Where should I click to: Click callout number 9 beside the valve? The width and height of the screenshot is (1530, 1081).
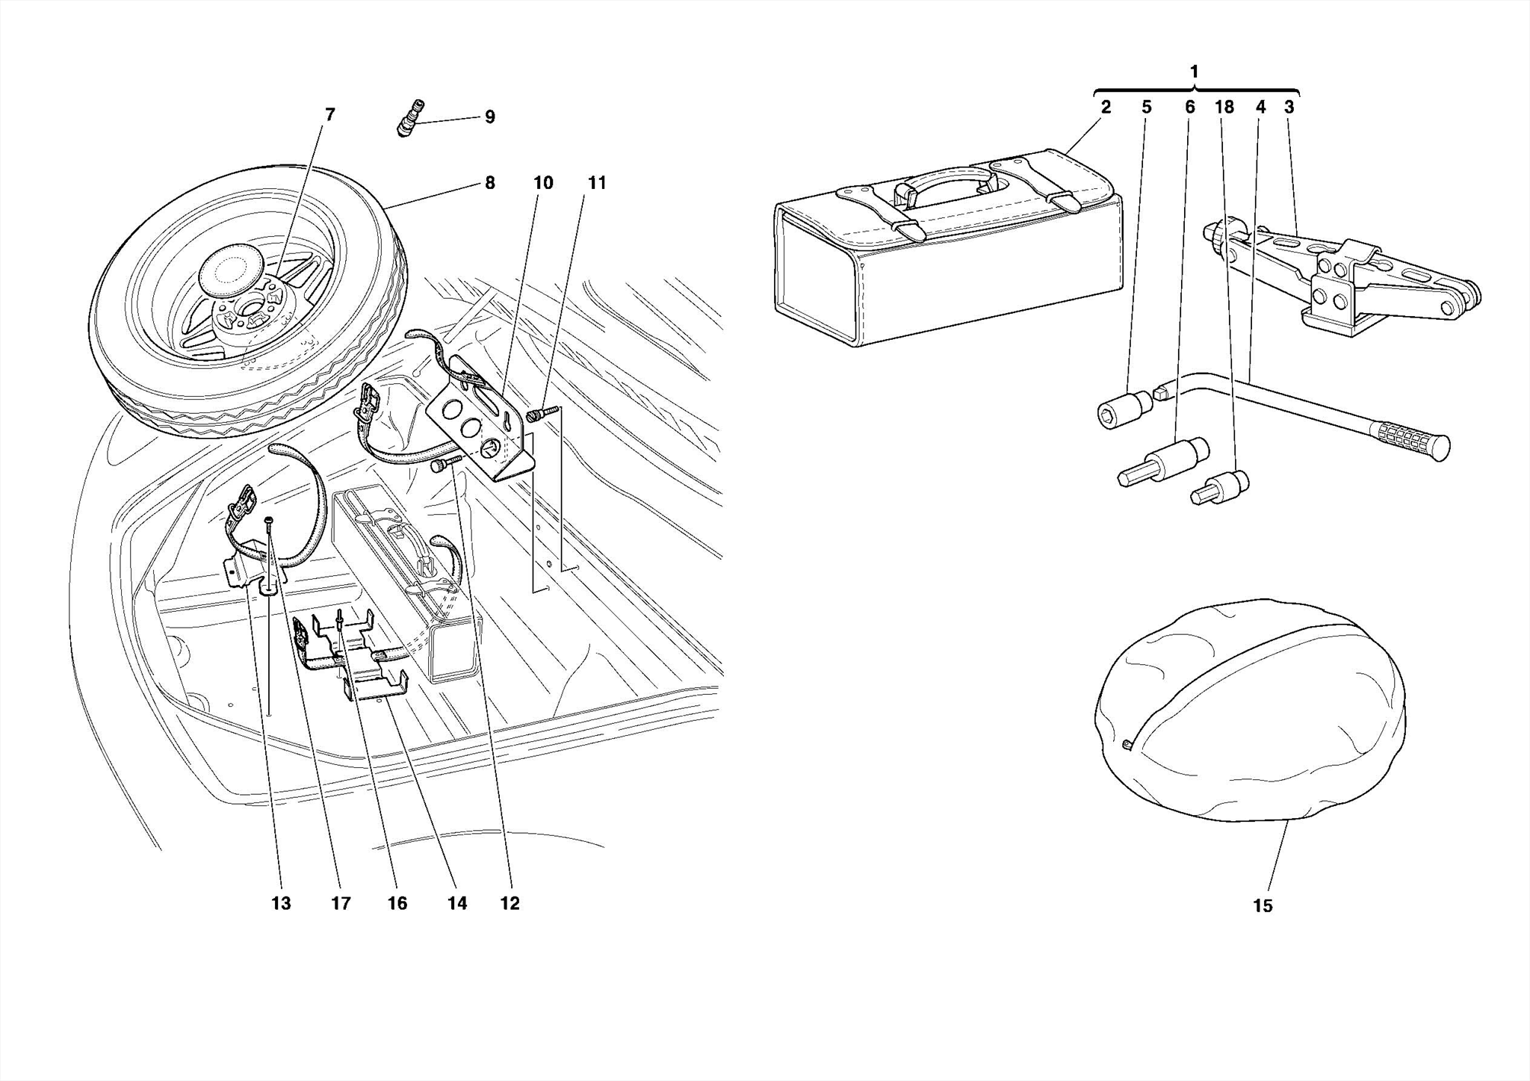489,117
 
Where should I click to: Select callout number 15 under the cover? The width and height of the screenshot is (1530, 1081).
1262,905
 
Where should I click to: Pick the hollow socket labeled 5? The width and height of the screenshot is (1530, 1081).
1125,409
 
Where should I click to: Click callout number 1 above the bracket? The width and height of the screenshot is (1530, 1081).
1194,72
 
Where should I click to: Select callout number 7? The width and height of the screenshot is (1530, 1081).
329,114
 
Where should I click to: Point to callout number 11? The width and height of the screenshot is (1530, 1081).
597,183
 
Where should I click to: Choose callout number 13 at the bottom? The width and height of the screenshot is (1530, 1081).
281,903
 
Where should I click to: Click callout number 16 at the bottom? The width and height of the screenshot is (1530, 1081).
397,903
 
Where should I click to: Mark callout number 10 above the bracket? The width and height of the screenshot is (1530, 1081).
543,183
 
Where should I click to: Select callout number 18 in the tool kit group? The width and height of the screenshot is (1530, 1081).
1224,108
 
